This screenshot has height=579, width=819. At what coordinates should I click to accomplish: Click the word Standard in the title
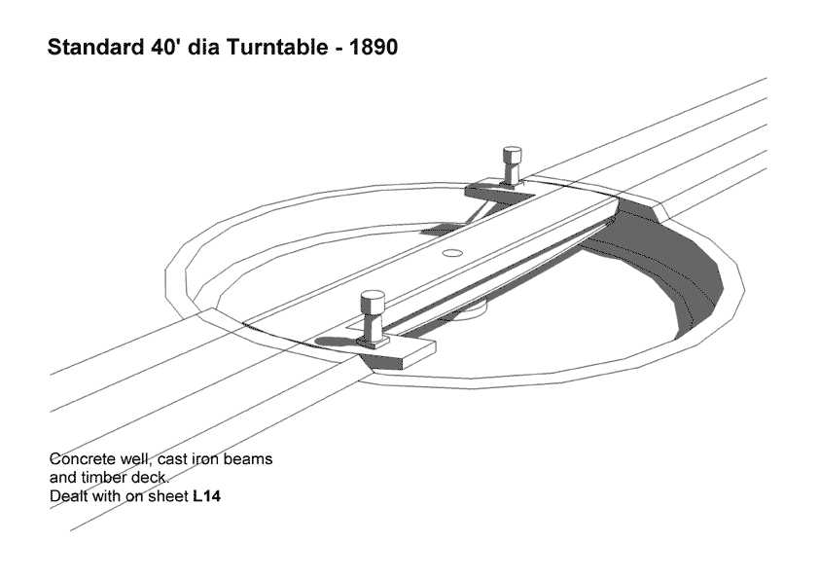pos(95,47)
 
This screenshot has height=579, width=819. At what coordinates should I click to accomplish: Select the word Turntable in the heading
pos(277,47)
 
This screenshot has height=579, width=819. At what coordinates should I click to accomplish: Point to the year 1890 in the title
pos(373,47)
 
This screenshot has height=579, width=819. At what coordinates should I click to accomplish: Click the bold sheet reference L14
pos(207,496)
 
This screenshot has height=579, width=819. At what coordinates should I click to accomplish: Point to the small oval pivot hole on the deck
pos(452,253)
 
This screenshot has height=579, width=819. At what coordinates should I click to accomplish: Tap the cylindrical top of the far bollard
pos(512,155)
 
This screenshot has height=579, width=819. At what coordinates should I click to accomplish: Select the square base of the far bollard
pos(510,184)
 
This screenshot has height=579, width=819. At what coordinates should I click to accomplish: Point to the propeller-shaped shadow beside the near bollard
pos(338,343)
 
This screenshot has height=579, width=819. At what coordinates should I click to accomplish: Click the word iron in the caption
pos(206,458)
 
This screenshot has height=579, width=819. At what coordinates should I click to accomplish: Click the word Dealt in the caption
pos(68,496)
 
